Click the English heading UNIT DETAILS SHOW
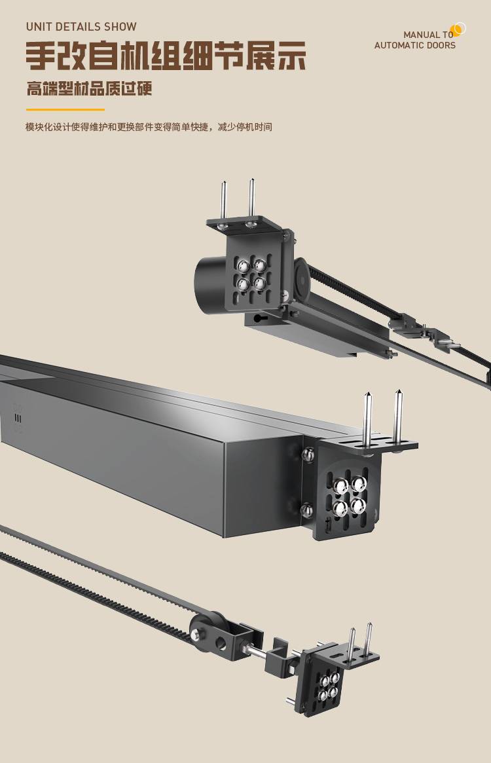click(81, 27)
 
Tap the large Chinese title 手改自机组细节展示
click(166, 56)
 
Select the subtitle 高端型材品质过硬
click(89, 88)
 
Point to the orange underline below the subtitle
click(65, 109)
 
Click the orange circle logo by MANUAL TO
click(458, 29)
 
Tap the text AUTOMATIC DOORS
click(415, 45)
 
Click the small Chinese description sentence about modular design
click(149, 127)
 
